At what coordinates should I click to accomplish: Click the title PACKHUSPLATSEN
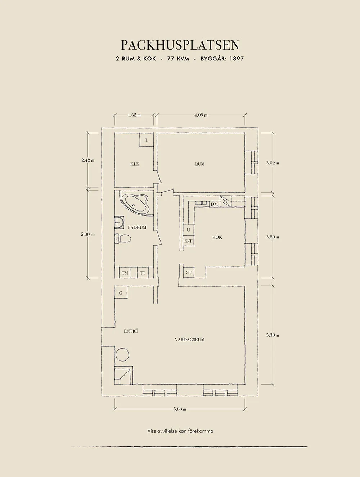pos(180,45)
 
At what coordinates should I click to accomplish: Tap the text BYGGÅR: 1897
pos(222,59)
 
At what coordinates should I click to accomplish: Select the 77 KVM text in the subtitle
pos(178,59)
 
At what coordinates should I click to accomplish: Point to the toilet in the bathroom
pos(122,238)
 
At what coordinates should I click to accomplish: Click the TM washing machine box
pos(125,273)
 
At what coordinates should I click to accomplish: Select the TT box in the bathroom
pos(143,273)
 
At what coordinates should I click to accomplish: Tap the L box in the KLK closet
pos(147,140)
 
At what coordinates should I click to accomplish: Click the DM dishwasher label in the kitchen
pos(215,204)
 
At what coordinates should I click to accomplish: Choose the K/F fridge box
pos(188,241)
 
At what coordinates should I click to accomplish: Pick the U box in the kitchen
pos(188,230)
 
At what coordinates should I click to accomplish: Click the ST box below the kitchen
pos(189,272)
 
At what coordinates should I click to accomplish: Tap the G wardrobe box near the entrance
pos(121,293)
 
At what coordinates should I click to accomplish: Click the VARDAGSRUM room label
pos(190,339)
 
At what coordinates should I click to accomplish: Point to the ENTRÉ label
pos(131,331)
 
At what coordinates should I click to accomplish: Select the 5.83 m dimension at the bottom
pos(180,409)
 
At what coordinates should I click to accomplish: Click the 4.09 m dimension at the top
pos(201,115)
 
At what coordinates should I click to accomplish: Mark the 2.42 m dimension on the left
pos(88,160)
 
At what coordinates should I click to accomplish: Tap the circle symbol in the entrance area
pos(122,354)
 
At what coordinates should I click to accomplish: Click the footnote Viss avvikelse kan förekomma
pos(180,431)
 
